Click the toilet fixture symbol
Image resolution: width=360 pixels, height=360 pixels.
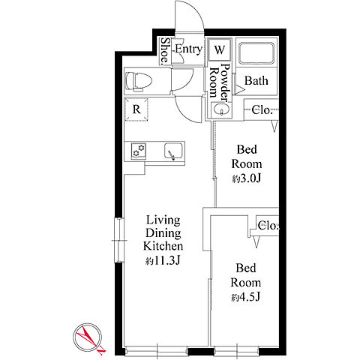139,80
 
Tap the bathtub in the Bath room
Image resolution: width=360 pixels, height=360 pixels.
256,53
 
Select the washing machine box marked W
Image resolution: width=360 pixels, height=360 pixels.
220,49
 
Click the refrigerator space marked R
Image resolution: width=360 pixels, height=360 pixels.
136,109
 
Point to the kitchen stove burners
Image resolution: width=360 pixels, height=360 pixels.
139,151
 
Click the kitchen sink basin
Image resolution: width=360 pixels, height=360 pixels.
174,151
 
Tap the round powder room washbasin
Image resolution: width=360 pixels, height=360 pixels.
221,109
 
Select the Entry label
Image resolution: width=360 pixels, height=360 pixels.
188,49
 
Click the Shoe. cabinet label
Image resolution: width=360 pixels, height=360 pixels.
164,51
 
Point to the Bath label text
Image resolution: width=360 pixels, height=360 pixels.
256,81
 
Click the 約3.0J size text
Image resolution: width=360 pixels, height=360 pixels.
247,178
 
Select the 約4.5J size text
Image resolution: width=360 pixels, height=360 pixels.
246,297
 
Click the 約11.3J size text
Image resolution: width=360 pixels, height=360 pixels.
163,261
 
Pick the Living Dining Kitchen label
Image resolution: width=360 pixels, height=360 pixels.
163,233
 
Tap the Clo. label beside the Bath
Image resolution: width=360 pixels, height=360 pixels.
262,110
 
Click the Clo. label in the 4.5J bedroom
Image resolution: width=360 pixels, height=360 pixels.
268,226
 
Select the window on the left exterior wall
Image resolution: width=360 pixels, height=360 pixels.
119,240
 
